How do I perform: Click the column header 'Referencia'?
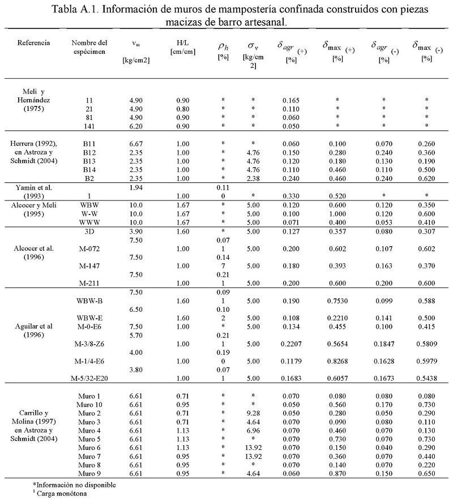(x=33, y=43)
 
